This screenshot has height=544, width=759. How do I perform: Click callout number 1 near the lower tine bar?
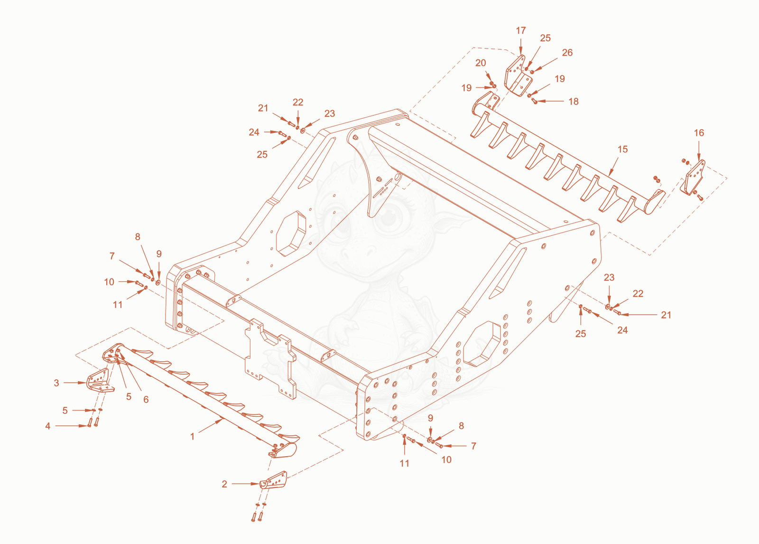coord(192,437)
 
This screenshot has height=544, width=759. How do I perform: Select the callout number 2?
coord(224,484)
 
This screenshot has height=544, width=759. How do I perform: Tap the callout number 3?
coord(56,383)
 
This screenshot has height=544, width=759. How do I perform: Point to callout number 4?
coord(48,426)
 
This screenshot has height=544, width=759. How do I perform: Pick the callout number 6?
coord(146,400)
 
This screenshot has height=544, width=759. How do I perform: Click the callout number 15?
coord(623,149)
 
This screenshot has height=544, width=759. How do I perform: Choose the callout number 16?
coord(699,133)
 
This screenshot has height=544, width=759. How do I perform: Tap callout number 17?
coord(521,30)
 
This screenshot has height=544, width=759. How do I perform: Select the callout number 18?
coord(574,102)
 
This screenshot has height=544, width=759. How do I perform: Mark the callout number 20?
coord(481,63)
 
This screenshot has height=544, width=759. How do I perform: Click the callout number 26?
coord(567,53)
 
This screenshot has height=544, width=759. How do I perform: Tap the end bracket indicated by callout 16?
coord(693,178)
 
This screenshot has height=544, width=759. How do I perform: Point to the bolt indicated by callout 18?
coord(534,101)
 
